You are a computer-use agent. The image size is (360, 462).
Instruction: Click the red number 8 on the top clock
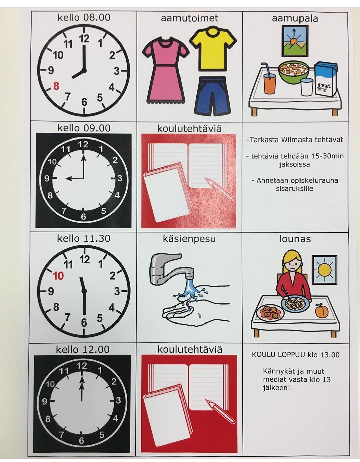coord(56,86)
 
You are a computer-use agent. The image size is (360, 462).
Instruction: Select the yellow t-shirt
coord(213,49)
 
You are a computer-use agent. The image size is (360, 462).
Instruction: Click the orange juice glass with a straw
coord(269,79)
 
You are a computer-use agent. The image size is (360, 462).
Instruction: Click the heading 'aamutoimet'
coord(190,18)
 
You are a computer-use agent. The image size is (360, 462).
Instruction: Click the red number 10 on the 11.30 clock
coord(58,276)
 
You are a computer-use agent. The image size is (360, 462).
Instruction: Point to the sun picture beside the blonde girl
coord(324,270)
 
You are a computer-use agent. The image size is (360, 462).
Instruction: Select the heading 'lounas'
coord(295,239)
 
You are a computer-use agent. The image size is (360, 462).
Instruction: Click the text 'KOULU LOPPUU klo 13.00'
coord(295,354)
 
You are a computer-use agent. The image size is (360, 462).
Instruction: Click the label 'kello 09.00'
coord(84,128)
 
